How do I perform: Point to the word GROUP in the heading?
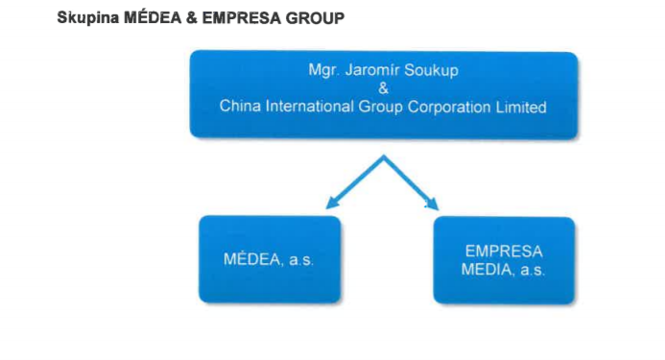click(x=315, y=16)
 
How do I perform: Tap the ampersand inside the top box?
click(x=383, y=88)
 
